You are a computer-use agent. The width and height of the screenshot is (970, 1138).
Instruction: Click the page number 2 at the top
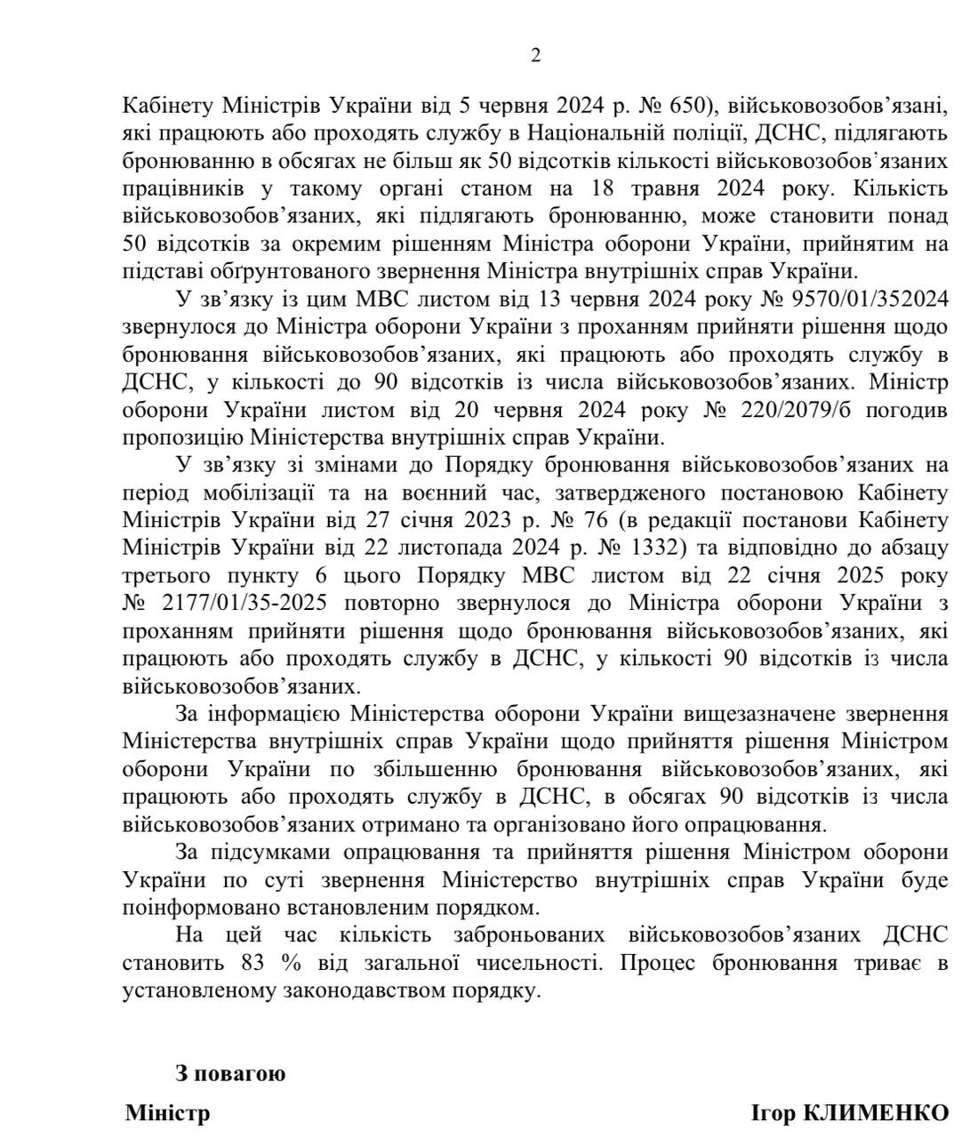coord(535,55)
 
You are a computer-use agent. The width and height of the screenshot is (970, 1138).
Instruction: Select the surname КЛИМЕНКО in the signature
coord(875,1113)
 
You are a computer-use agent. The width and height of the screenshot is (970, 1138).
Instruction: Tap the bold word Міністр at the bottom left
coord(168,1113)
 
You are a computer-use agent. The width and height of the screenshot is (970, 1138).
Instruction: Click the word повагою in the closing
coord(243,1073)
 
